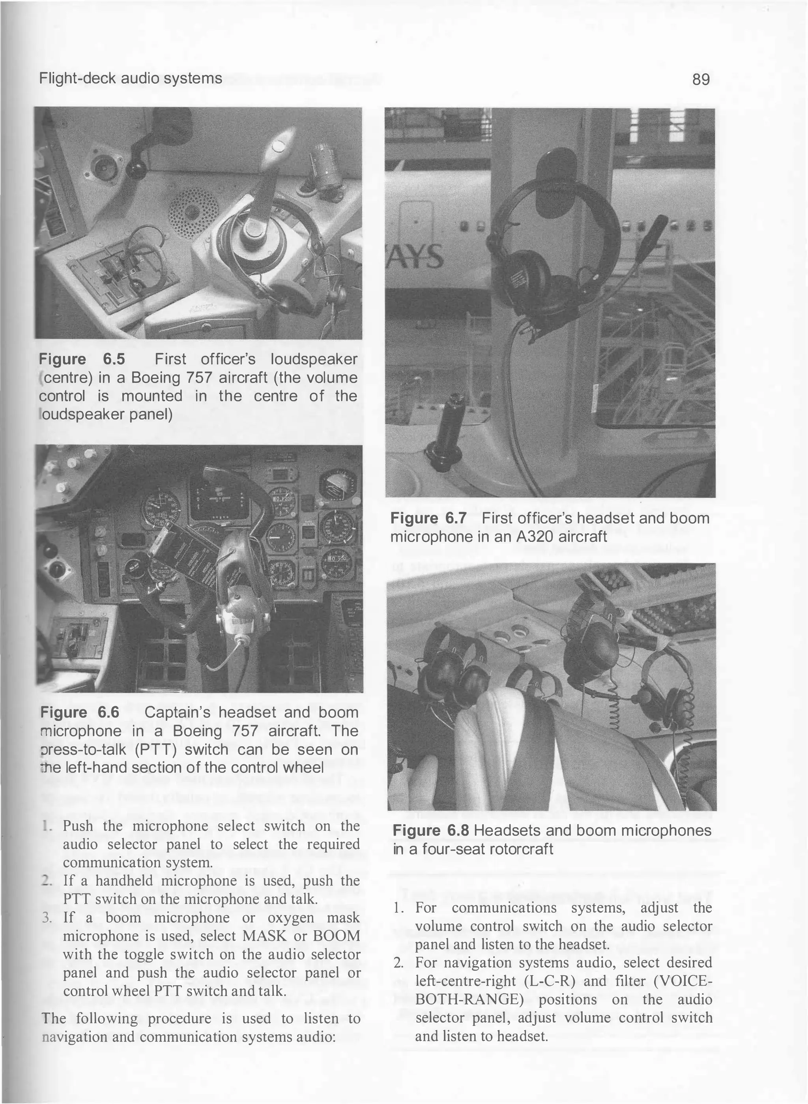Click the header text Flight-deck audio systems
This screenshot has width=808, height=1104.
(x=131, y=78)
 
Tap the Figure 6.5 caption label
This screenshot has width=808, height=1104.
(x=82, y=359)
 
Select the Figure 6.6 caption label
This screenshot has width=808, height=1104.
(x=79, y=712)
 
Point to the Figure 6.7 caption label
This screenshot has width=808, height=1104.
(x=428, y=518)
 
